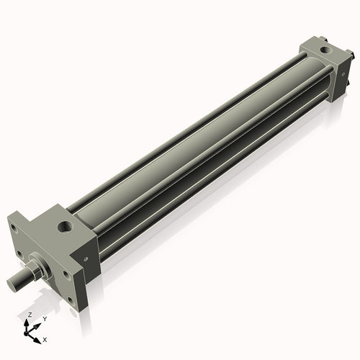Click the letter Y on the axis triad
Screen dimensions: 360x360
(x=44, y=318)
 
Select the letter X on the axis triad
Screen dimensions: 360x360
(x=45, y=338)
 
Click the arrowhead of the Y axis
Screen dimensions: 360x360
(x=37, y=324)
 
